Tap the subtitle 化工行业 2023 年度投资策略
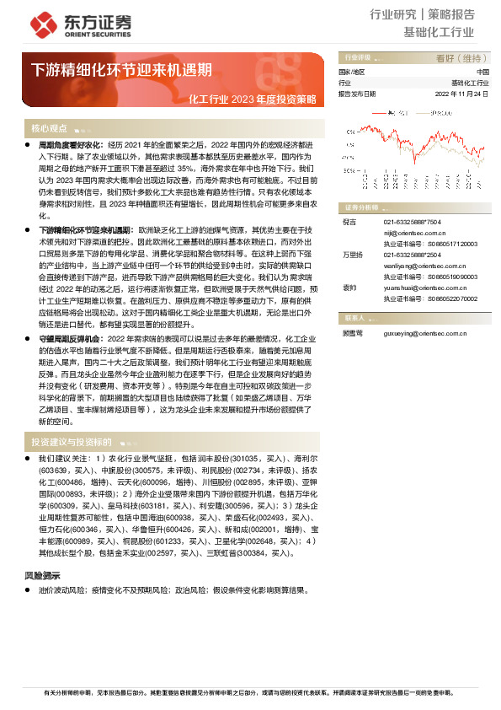pos(253,99)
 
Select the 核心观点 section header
pos(49,128)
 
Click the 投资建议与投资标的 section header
pos(72,442)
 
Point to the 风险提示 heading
pos(43,576)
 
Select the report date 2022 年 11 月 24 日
pos(461,94)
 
